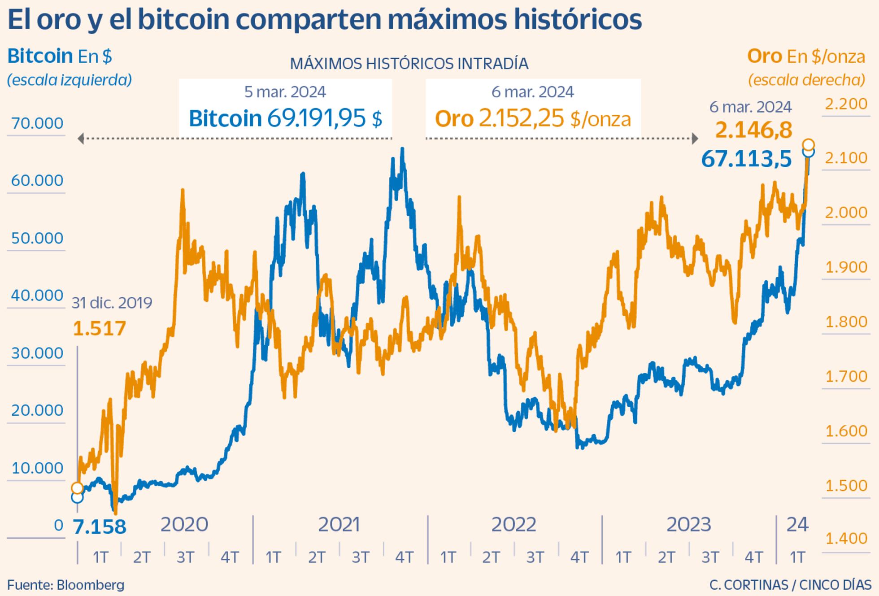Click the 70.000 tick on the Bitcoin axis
click(x=37, y=123)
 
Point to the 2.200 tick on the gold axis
click(x=846, y=104)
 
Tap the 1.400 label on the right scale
click(x=846, y=538)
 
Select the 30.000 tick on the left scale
click(x=37, y=353)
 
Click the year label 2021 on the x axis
click(x=339, y=525)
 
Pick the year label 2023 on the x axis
click(x=688, y=525)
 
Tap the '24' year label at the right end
click(x=797, y=524)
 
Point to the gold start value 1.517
click(x=99, y=329)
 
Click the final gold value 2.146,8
click(x=753, y=131)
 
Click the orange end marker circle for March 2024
click(x=808, y=145)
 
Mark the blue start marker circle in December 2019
click(x=77, y=497)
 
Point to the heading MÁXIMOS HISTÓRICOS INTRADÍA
click(x=409, y=64)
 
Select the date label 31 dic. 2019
click(x=112, y=303)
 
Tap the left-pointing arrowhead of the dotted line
click(x=81, y=139)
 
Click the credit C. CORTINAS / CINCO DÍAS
click(x=790, y=585)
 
